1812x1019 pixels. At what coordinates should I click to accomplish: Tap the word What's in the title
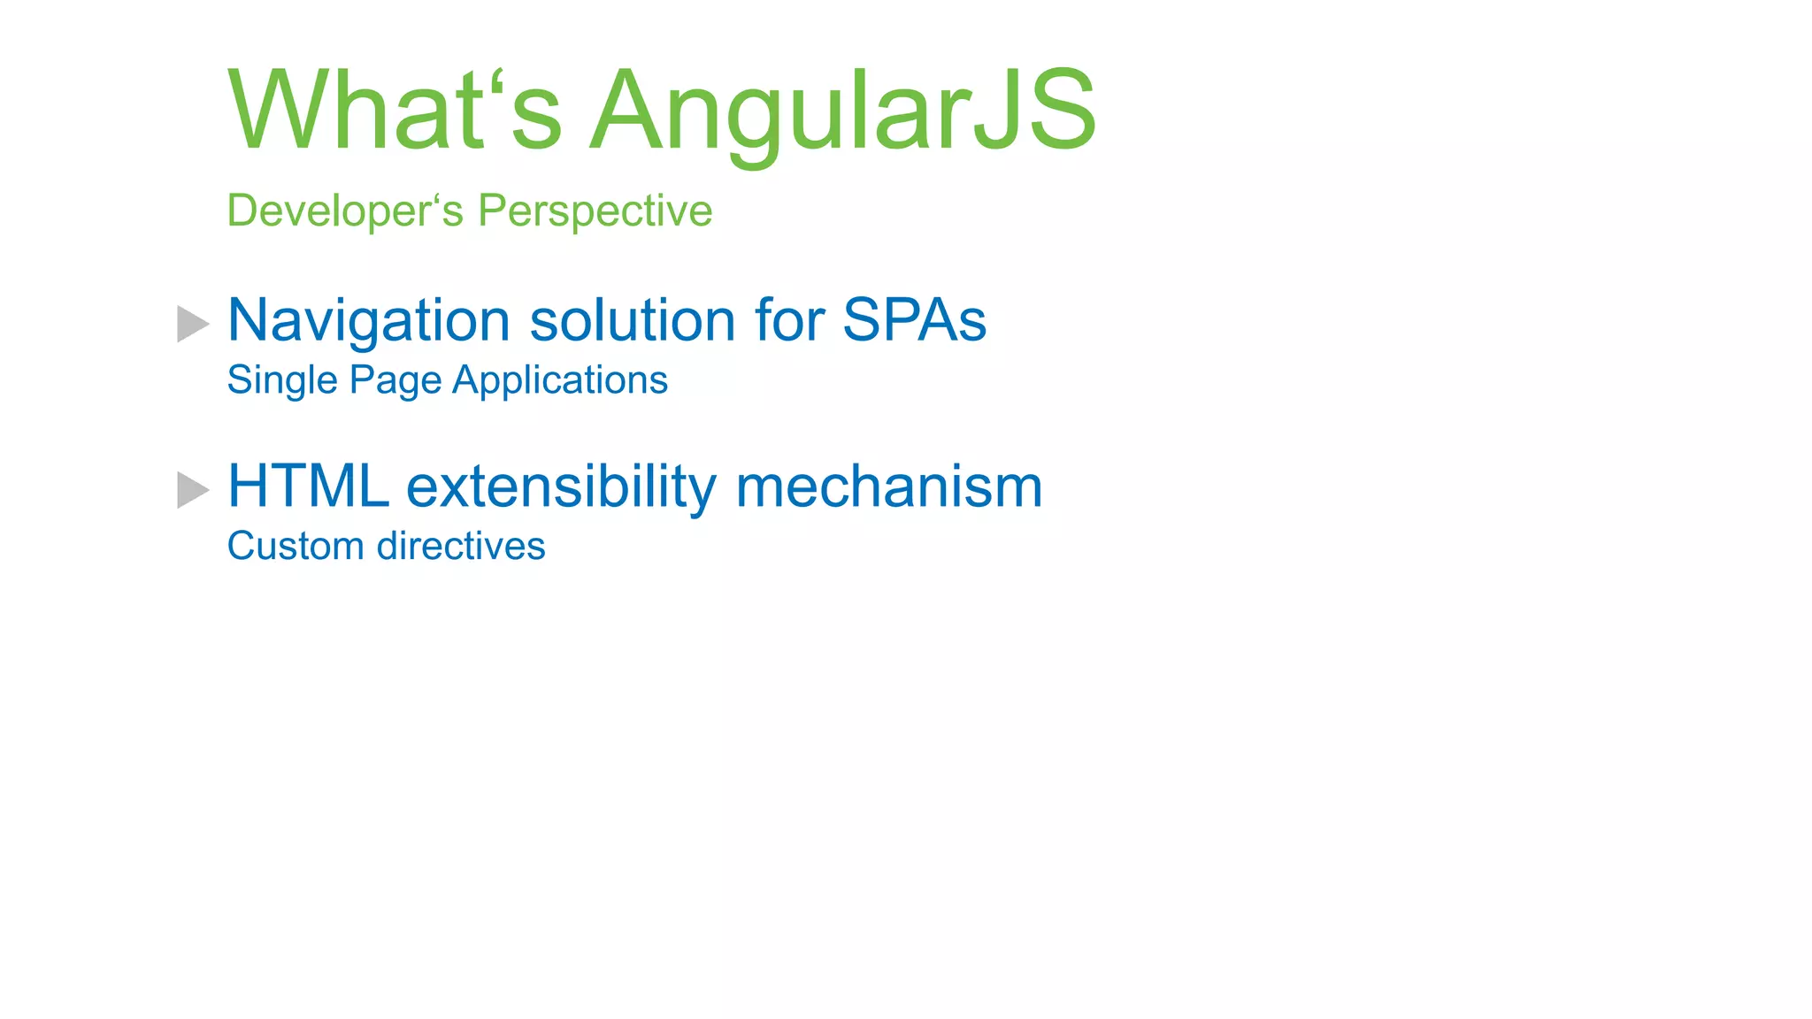395,111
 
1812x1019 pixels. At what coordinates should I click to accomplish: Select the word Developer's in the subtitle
344,211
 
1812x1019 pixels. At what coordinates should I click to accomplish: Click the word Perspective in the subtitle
595,211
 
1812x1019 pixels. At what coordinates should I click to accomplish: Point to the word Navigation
369,320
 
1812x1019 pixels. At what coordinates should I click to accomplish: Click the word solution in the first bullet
632,320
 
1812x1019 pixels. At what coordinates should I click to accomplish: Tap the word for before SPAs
789,320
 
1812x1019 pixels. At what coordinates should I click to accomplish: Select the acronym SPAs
914,320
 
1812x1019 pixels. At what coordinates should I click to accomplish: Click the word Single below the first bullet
282,381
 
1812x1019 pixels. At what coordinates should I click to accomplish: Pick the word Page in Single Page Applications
395,381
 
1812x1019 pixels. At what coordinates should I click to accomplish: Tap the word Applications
560,381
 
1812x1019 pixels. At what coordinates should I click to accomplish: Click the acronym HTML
308,487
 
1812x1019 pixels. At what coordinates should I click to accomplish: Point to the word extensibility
561,487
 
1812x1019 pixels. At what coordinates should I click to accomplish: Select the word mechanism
888,487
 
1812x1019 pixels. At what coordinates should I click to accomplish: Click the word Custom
295,547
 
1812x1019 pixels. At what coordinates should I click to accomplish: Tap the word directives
461,547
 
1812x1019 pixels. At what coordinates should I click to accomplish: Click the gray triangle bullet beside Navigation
192,324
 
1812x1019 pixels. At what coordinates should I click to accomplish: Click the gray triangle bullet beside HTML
192,490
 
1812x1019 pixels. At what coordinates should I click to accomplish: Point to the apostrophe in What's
498,81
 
